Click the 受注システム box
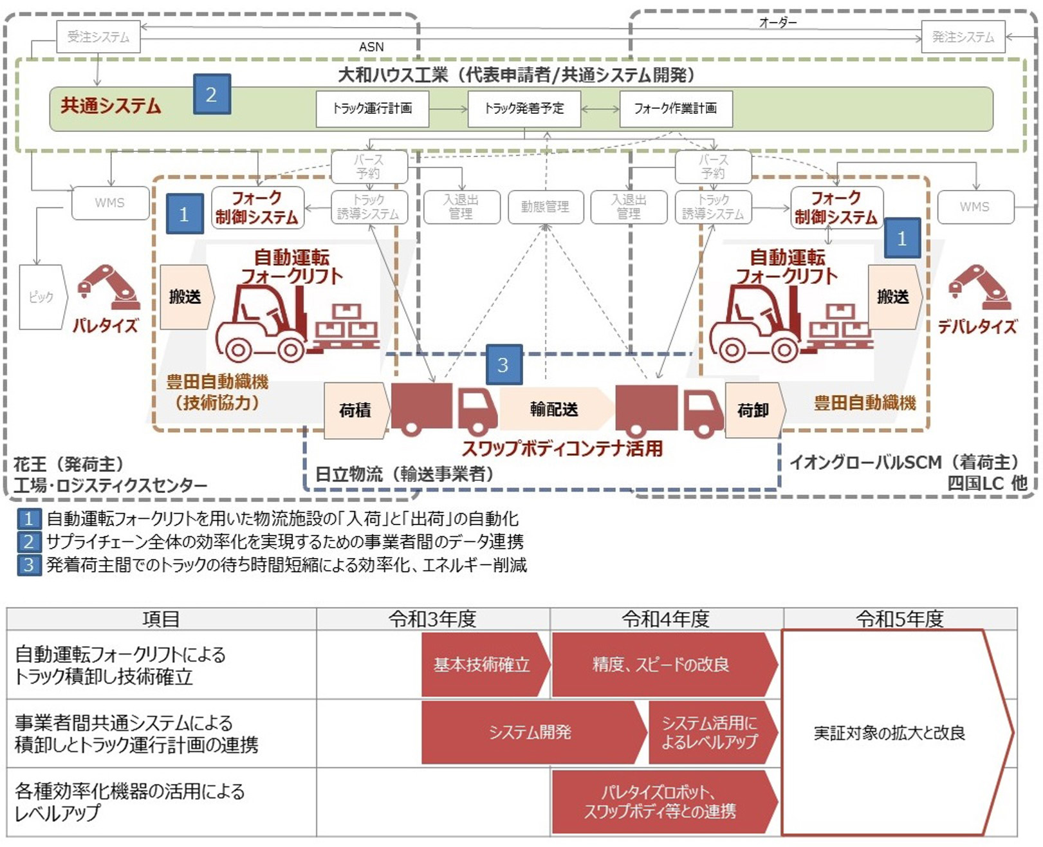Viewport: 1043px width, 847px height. (98, 37)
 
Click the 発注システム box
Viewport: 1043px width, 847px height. (962, 37)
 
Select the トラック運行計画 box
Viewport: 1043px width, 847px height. (372, 109)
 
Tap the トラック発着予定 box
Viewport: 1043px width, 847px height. (524, 109)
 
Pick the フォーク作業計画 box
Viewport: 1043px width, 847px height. (675, 109)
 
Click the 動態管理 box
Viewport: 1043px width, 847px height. (545, 207)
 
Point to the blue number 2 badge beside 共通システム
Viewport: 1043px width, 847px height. (212, 94)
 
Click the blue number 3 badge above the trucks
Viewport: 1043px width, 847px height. (503, 365)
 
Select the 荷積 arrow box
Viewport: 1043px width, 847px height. (356, 410)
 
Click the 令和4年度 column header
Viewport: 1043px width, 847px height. (666, 619)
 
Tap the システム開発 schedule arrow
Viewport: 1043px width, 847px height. (531, 732)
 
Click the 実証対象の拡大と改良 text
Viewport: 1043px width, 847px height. (889, 733)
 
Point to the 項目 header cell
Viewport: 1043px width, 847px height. (161, 619)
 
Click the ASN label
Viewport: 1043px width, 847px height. (371, 47)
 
